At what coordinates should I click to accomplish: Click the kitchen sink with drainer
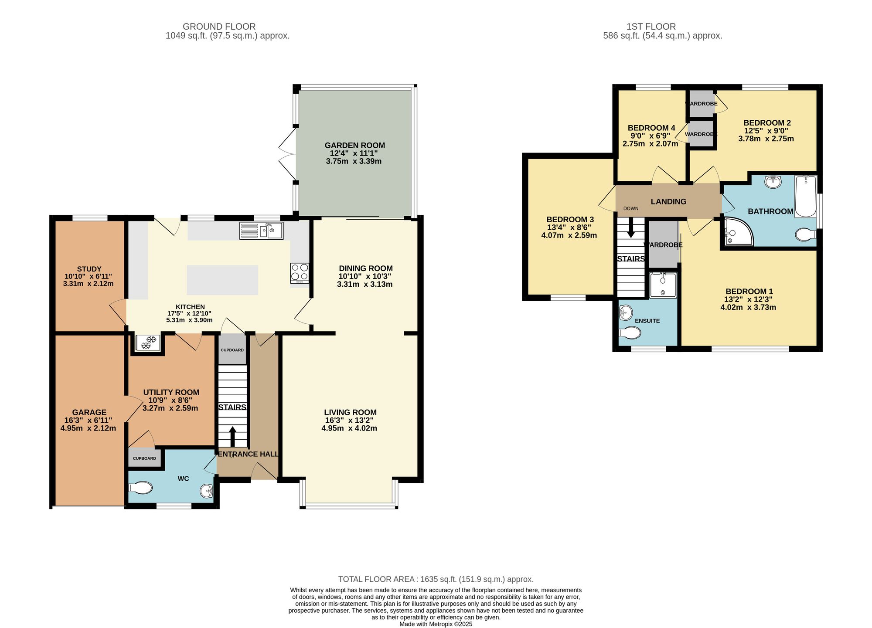point(261,231)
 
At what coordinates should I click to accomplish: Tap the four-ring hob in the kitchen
point(300,272)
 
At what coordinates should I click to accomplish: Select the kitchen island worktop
point(222,280)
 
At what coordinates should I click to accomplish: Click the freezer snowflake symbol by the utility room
point(147,342)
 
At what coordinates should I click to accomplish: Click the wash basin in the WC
point(207,491)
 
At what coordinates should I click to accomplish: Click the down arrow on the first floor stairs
point(630,228)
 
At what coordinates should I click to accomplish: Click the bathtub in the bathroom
point(805,196)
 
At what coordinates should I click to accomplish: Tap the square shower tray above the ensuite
point(663,285)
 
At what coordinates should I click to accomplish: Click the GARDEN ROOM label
point(354,145)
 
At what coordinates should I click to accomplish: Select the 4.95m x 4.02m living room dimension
point(349,428)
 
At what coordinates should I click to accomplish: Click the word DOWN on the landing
point(630,208)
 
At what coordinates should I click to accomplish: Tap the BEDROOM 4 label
point(651,128)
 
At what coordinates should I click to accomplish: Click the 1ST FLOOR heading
point(651,27)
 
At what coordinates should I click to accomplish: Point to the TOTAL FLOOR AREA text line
point(436,579)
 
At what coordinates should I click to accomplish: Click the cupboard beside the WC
point(144,458)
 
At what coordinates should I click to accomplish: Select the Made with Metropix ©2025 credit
point(436,624)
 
